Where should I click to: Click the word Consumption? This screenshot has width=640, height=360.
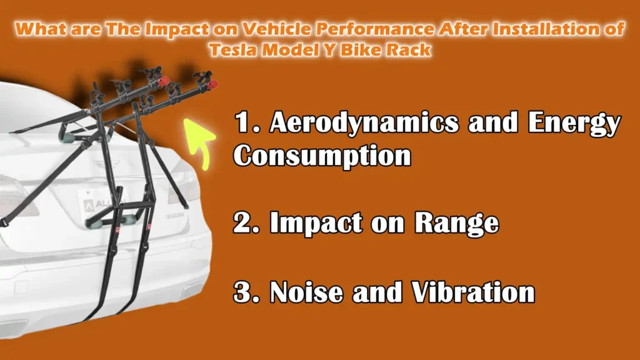[x=322, y=156]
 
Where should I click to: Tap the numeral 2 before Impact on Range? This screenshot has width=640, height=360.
[x=242, y=224]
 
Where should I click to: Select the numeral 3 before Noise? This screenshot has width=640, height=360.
[x=242, y=292]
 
